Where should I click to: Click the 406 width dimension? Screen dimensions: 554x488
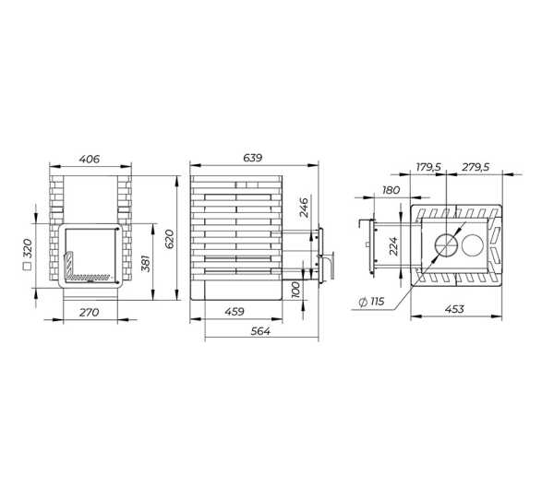point(89,160)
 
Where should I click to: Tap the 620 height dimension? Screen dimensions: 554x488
point(170,239)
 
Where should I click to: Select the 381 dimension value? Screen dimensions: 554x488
point(146,263)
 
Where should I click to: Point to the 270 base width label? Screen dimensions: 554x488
point(89,313)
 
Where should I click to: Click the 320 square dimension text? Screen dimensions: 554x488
point(27,248)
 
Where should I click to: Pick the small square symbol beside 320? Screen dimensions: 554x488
point(27,267)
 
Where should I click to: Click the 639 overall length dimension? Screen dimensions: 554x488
point(253,158)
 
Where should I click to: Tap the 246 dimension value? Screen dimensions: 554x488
point(304,208)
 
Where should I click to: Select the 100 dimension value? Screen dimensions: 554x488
point(295,290)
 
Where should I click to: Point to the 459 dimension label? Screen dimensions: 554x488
point(235,312)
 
